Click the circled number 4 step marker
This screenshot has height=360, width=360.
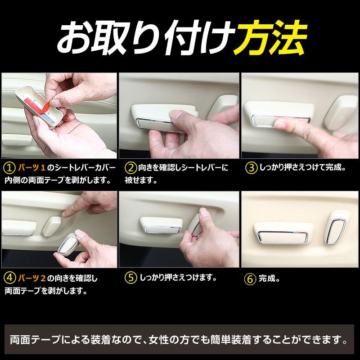point(9,278)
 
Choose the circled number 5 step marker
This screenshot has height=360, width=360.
point(130,278)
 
